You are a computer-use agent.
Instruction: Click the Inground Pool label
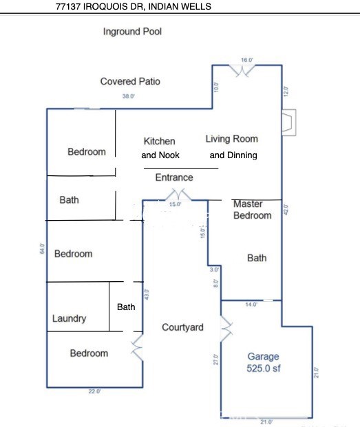pos(132,32)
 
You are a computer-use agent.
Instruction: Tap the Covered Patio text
pos(130,81)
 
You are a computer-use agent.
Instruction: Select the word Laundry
pos(70,318)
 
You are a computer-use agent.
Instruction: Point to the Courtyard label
pos(182,327)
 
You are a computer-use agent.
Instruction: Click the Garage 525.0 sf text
pos(264,362)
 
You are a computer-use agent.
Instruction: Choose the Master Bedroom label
pos(253,210)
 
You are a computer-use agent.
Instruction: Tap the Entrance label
pos(174,177)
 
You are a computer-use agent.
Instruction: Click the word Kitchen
pos(159,141)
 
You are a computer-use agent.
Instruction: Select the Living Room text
pos(232,139)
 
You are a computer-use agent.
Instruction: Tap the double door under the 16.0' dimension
pos(246,70)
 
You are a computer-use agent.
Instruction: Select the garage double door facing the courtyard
pos(225,329)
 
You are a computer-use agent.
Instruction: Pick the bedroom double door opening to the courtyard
pos(138,349)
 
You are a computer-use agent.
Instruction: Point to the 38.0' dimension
pos(128,96)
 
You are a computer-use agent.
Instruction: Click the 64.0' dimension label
pos(42,249)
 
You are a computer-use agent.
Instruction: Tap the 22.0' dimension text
pos(94,391)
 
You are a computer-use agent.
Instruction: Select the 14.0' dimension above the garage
pos(251,304)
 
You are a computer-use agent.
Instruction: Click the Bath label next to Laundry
pos(126,307)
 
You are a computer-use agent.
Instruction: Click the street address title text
pos(134,6)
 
